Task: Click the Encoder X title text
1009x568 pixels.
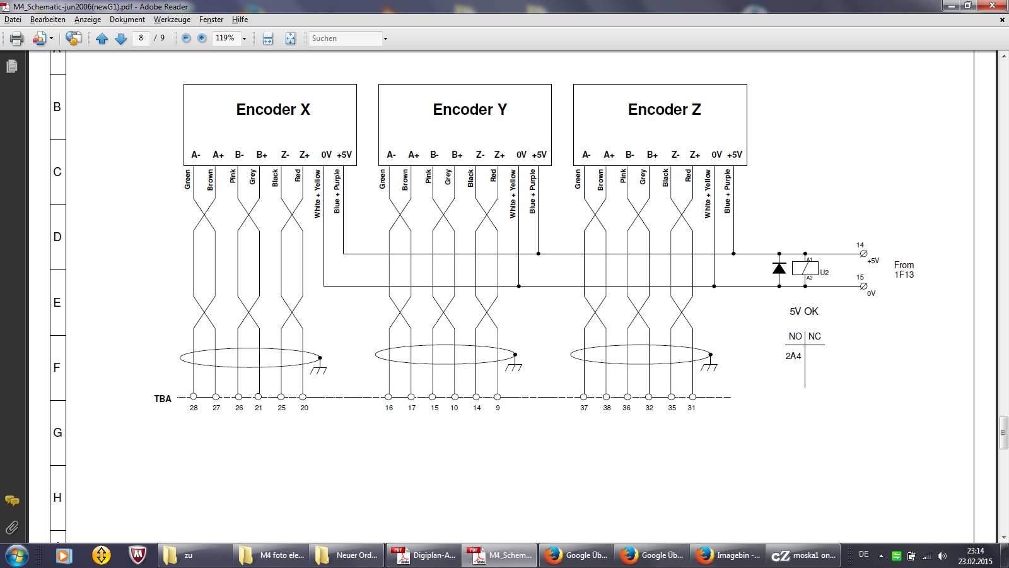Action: pyautogui.click(x=273, y=110)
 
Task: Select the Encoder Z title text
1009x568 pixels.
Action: pyautogui.click(x=665, y=110)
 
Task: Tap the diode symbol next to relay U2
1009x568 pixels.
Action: pyautogui.click(x=779, y=268)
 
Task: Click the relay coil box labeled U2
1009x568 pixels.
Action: pyautogui.click(x=805, y=268)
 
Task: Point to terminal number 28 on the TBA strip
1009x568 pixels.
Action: pyautogui.click(x=194, y=408)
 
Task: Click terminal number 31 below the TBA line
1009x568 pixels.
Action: pyautogui.click(x=691, y=408)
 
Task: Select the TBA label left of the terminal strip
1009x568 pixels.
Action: pyautogui.click(x=163, y=398)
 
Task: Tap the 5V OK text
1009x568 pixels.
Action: pyautogui.click(x=803, y=311)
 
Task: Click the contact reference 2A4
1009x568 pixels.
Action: pyautogui.click(x=793, y=356)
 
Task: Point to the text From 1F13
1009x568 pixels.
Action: pyautogui.click(x=904, y=269)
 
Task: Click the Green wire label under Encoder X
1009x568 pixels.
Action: pyautogui.click(x=187, y=179)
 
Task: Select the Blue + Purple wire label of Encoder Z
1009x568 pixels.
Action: pyautogui.click(x=727, y=191)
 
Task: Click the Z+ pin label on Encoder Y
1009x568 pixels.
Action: pyautogui.click(x=499, y=155)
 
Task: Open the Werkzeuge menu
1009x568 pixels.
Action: pyautogui.click(x=172, y=20)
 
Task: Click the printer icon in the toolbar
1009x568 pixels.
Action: pyautogui.click(x=16, y=38)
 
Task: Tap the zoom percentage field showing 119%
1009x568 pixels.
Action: pyautogui.click(x=225, y=38)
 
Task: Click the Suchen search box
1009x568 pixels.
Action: pyautogui.click(x=346, y=38)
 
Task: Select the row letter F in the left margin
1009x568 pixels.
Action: pyautogui.click(x=57, y=367)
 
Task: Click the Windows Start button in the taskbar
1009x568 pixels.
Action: pyautogui.click(x=16, y=555)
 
